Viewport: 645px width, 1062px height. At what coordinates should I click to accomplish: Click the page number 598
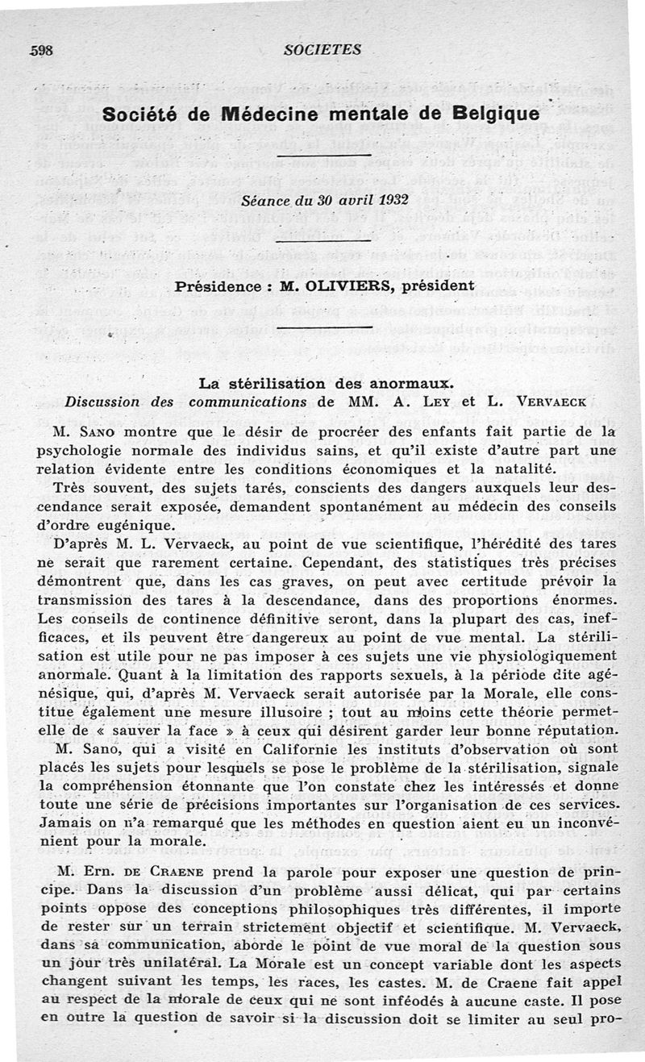pos(40,49)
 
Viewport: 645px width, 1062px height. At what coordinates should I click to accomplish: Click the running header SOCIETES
pos(322,49)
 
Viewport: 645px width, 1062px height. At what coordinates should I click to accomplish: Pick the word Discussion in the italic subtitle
pos(102,401)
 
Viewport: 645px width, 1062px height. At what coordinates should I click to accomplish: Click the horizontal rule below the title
pos(322,155)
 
